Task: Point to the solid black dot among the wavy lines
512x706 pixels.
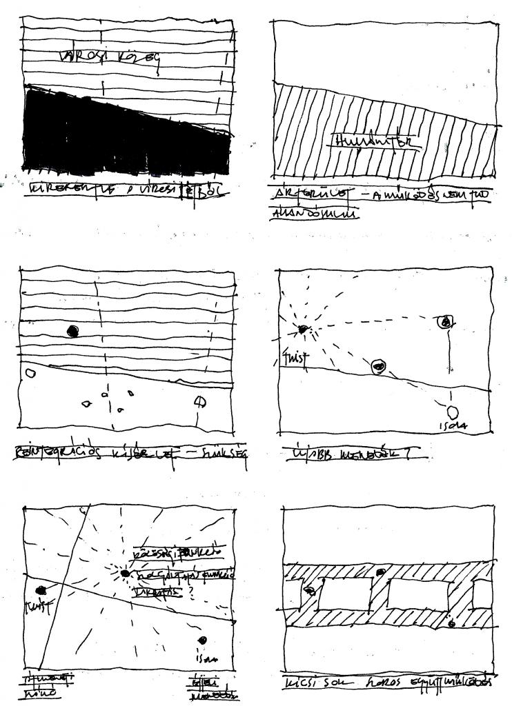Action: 72,331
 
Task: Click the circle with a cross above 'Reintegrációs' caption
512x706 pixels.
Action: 199,401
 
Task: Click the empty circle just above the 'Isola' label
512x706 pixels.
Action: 453,412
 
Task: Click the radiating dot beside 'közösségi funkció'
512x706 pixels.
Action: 125,573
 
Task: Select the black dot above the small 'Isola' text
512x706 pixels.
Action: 203,641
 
